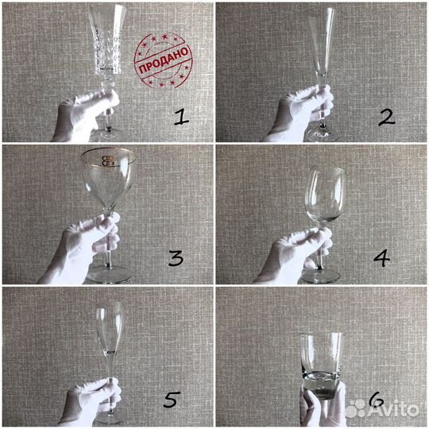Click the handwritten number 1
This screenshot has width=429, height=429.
[x=181, y=117]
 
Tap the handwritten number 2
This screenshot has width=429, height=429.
[x=387, y=118]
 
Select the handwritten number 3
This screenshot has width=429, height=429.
[x=176, y=258]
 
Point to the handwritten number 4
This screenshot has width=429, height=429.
[x=381, y=258]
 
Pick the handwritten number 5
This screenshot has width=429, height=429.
[x=172, y=400]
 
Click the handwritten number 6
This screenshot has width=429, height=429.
[x=377, y=400]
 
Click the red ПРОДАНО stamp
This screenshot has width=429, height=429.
[x=164, y=60]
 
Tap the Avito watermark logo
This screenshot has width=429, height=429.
[x=382, y=409]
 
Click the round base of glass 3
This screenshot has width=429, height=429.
[x=109, y=273]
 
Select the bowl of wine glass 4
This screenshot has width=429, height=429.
[x=325, y=194]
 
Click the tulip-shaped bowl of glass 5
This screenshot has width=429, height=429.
[x=110, y=327]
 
